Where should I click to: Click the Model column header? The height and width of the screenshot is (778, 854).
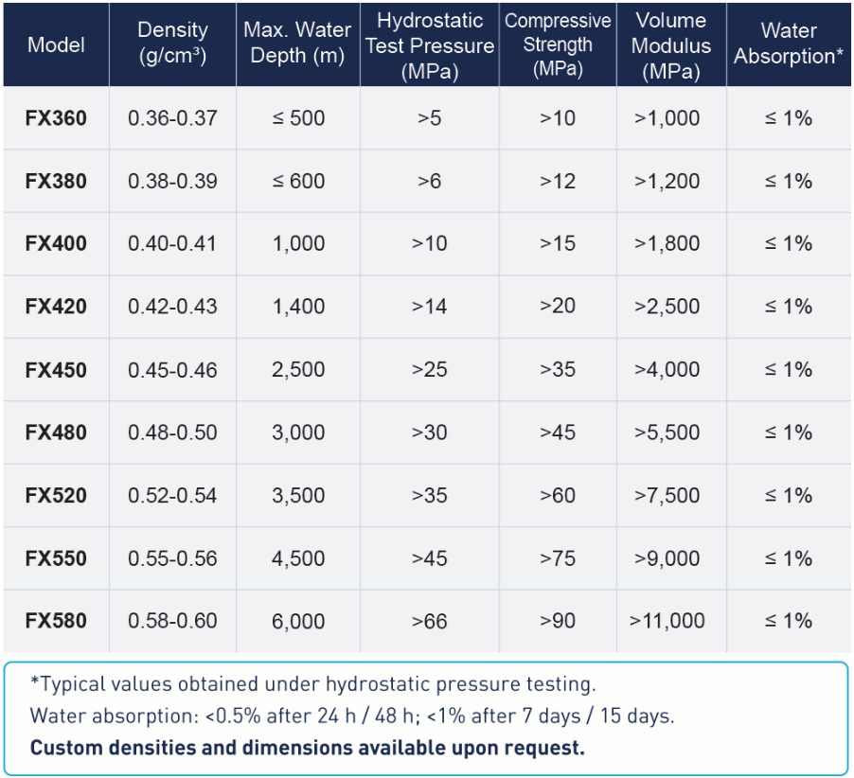pyautogui.click(x=56, y=44)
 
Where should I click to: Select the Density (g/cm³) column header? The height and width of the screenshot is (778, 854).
pyautogui.click(x=172, y=43)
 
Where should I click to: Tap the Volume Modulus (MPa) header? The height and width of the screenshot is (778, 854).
pyautogui.click(x=671, y=45)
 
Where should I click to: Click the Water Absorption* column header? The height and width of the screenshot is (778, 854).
pyautogui.click(x=789, y=43)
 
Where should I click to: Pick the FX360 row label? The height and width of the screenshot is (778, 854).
pyautogui.click(x=56, y=118)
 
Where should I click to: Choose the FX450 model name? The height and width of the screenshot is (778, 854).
pyautogui.click(x=56, y=370)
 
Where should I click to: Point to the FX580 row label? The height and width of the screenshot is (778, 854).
pyautogui.click(x=56, y=621)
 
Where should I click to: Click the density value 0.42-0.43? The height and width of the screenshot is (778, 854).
pyautogui.click(x=172, y=307)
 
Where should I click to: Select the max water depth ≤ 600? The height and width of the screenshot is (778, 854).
pyautogui.click(x=298, y=181)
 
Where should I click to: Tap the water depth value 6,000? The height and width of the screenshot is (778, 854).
pyautogui.click(x=298, y=621)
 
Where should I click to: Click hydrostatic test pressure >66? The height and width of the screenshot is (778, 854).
pyautogui.click(x=429, y=621)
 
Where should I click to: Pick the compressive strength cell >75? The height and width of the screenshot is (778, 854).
pyautogui.click(x=558, y=558)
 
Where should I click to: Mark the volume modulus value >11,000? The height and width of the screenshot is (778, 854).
pyautogui.click(x=667, y=621)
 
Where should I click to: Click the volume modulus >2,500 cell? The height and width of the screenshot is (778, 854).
pyautogui.click(x=667, y=307)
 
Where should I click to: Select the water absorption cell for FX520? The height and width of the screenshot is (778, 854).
pyautogui.click(x=789, y=495)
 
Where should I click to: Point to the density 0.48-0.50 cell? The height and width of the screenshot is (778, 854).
pyautogui.click(x=172, y=433)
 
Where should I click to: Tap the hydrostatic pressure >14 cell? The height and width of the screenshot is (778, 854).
pyautogui.click(x=429, y=307)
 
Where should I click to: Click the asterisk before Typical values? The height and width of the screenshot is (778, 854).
pyautogui.click(x=35, y=681)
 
